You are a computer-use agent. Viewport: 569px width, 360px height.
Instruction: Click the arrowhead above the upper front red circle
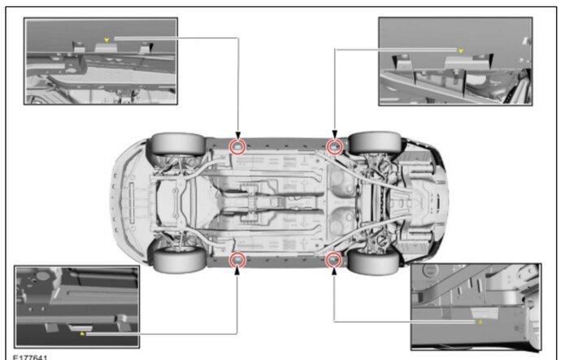[x=238, y=136]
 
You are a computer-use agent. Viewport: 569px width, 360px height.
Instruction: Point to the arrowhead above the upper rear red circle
[x=335, y=135]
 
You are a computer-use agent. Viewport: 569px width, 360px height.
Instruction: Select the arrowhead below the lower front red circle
[x=237, y=271]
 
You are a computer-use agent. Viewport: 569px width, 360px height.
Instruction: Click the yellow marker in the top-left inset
[x=106, y=40]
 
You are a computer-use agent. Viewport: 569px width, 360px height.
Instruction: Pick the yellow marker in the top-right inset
[x=461, y=51]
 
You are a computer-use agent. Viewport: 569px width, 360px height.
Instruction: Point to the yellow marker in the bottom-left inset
[x=82, y=333]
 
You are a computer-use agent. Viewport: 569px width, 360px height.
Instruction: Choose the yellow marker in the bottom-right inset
[x=480, y=322]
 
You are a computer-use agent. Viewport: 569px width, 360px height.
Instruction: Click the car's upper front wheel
[x=178, y=145]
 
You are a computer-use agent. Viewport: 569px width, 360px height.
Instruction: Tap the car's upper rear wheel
[x=375, y=143]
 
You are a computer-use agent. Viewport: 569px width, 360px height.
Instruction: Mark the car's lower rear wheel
[x=373, y=261]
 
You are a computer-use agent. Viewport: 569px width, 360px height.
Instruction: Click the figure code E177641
[x=30, y=358]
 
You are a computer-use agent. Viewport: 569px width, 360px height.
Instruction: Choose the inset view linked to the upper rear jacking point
[x=455, y=61]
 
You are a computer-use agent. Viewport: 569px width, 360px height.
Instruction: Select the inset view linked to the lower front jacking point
[x=77, y=306]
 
